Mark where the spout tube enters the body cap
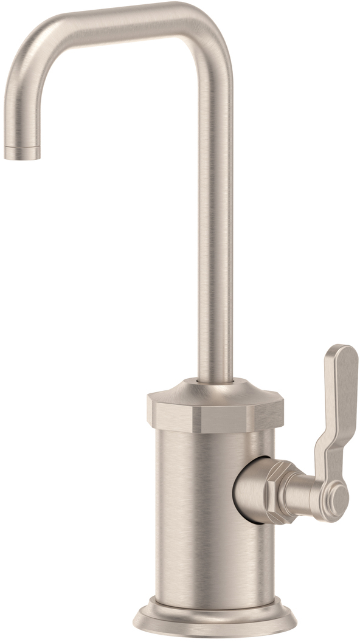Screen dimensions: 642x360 coord(215,381)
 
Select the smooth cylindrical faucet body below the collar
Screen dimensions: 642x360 coord(195,517)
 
